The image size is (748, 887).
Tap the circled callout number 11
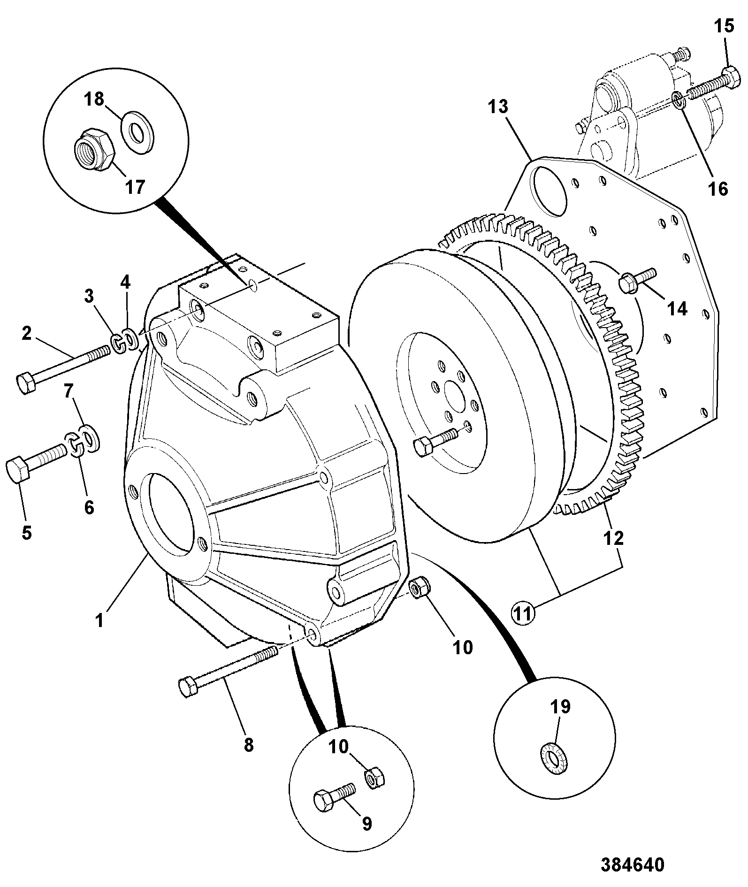coord(523,612)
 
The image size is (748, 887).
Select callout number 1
coord(99,620)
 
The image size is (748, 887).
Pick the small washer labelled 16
coord(679,99)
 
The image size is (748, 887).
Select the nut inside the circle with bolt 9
coord(374,779)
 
